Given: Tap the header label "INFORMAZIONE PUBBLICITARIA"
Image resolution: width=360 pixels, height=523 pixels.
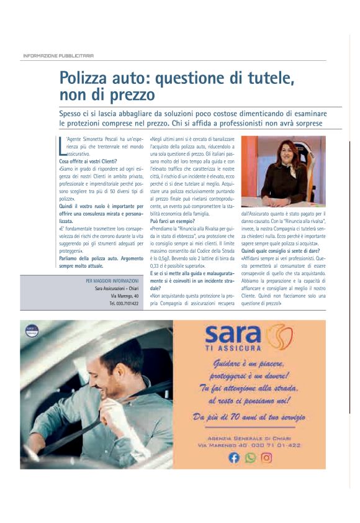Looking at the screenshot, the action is coord(58,55).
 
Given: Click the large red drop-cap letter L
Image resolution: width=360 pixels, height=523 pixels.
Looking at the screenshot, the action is coord(61,147).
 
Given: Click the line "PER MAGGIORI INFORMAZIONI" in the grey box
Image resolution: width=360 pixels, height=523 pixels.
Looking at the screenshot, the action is coord(112,281).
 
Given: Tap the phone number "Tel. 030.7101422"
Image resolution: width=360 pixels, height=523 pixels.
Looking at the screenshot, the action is coord(124,303).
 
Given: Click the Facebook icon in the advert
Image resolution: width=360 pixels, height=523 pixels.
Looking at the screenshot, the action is coord(234,458).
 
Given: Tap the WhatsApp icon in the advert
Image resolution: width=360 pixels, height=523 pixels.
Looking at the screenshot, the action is coord(250,458).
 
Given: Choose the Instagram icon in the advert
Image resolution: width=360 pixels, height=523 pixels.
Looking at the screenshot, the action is coord(266,458).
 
